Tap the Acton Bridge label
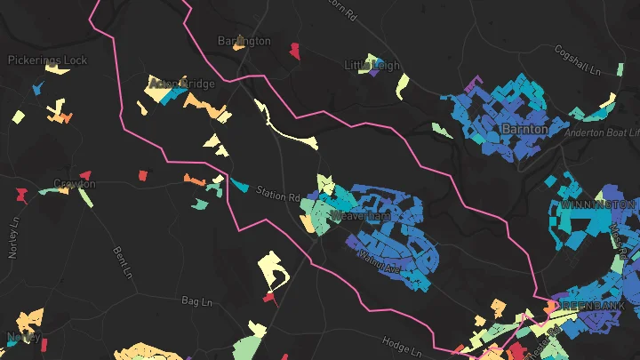182,84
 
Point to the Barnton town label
524,129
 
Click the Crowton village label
74,184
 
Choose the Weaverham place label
360,215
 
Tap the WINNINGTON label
598,204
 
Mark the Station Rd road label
276,193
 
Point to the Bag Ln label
198,302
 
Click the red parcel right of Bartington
294,50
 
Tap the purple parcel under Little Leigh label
372,75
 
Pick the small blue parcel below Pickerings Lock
38,87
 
